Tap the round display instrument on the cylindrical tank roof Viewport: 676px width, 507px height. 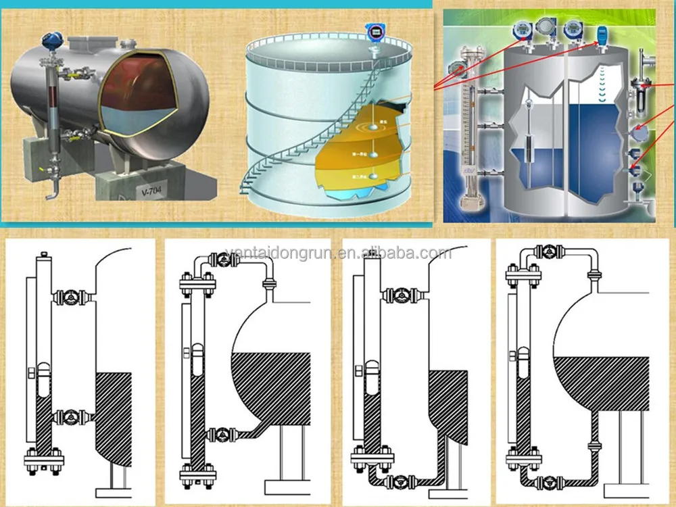(x=374, y=31)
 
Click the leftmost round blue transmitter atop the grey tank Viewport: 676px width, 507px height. (x=521, y=30)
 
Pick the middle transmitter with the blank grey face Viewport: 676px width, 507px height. (x=544, y=29)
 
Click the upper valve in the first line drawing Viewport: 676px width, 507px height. (x=69, y=296)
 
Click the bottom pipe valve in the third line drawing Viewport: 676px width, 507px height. (x=404, y=481)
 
